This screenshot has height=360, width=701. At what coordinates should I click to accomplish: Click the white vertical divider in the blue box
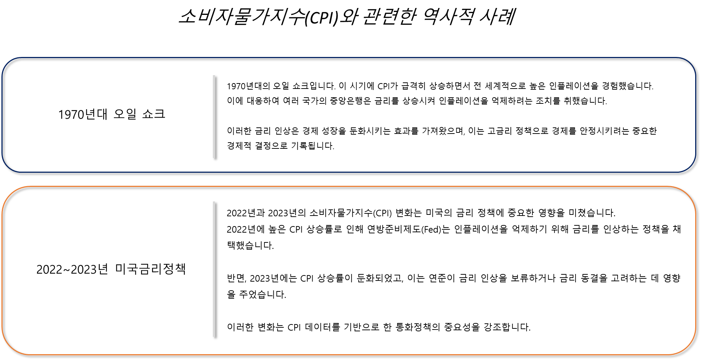pyautogui.click(x=214, y=116)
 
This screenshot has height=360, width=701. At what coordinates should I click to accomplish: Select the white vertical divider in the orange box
pyautogui.click(x=214, y=269)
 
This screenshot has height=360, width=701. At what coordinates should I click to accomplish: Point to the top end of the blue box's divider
pyautogui.click(x=214, y=76)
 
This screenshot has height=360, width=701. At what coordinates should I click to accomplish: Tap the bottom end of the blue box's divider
pyautogui.click(x=214, y=157)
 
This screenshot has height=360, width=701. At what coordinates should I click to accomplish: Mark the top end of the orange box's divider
pyautogui.click(x=214, y=202)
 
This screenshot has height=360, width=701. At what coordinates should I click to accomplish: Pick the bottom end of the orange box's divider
pyautogui.click(x=214, y=336)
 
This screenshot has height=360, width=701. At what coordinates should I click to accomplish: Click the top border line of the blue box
pyautogui.click(x=348, y=57)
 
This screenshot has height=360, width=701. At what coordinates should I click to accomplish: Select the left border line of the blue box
pyautogui.click(x=2, y=115)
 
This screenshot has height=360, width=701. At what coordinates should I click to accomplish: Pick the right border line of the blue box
pyautogui.click(x=696, y=115)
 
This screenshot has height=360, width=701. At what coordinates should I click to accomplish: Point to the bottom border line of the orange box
pyautogui.click(x=348, y=355)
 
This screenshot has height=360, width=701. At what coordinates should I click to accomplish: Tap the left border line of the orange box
pyautogui.click(x=2, y=270)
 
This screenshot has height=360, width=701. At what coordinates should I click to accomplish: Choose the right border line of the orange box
pyautogui.click(x=696, y=270)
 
